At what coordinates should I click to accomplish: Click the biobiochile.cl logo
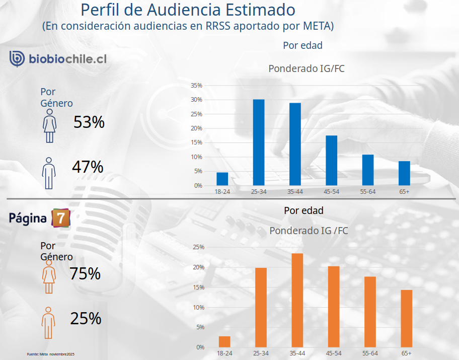(x=58, y=59)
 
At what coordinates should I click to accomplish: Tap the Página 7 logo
(x=39, y=218)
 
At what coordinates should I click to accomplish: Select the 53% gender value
(x=89, y=122)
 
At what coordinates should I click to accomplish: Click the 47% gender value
(x=88, y=167)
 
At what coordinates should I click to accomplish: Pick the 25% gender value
(x=86, y=318)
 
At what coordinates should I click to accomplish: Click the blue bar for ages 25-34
(x=259, y=142)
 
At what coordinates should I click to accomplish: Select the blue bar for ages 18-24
(x=222, y=179)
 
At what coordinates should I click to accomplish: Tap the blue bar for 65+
(x=404, y=173)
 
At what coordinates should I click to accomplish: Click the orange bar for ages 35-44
(x=297, y=300)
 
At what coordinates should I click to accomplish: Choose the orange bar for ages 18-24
(x=224, y=341)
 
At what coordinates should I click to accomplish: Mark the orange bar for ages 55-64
(x=370, y=312)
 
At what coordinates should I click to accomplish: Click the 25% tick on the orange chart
(x=198, y=247)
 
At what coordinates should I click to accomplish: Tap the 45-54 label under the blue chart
(x=332, y=192)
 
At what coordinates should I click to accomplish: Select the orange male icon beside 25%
(x=48, y=322)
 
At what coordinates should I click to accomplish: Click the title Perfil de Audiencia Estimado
(x=188, y=10)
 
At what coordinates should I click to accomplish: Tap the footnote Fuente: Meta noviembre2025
(x=50, y=354)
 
